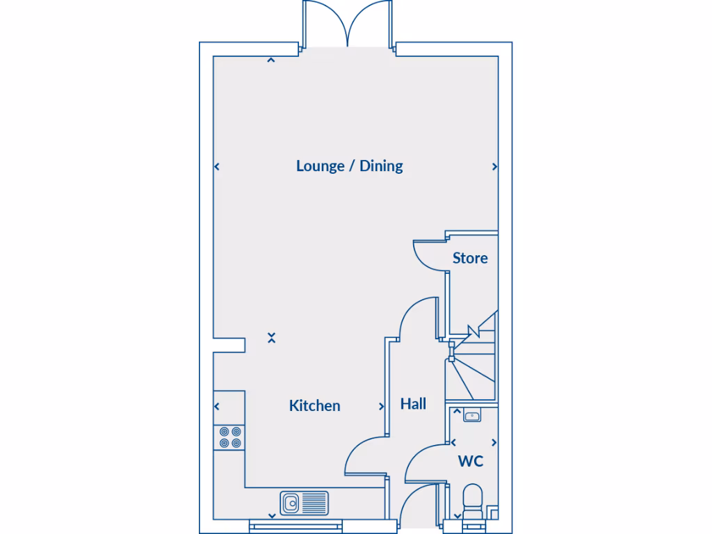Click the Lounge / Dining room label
(x=349, y=166)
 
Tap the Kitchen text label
(x=314, y=405)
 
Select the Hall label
(x=413, y=404)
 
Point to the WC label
(x=470, y=461)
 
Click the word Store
(x=470, y=258)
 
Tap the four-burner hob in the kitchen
(x=230, y=437)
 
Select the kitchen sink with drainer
(x=305, y=502)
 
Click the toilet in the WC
(x=474, y=502)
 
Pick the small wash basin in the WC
(x=473, y=416)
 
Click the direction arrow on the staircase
(x=474, y=332)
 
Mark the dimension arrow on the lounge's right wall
(x=494, y=167)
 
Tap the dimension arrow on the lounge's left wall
(x=217, y=167)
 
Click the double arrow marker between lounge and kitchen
(x=271, y=338)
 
